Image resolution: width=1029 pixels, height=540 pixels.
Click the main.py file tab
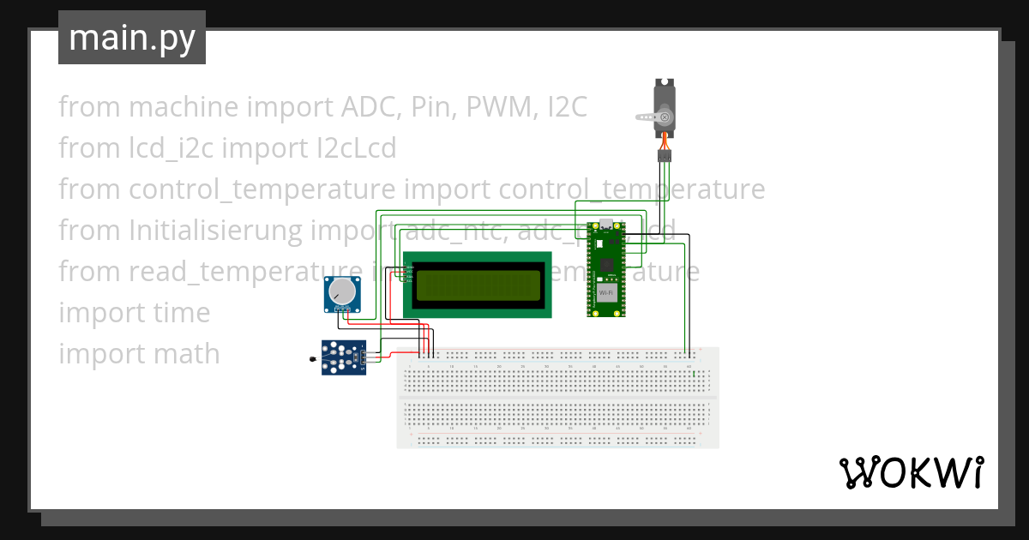132,38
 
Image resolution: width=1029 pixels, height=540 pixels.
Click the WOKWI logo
911,473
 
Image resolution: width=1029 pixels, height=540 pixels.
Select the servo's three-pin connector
665,156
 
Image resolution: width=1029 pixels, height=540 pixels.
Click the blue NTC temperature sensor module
345,357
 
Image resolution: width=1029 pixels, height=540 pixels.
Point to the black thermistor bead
313,358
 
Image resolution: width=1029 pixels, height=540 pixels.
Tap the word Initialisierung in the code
216,231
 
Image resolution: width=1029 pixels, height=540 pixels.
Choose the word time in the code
182,313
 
